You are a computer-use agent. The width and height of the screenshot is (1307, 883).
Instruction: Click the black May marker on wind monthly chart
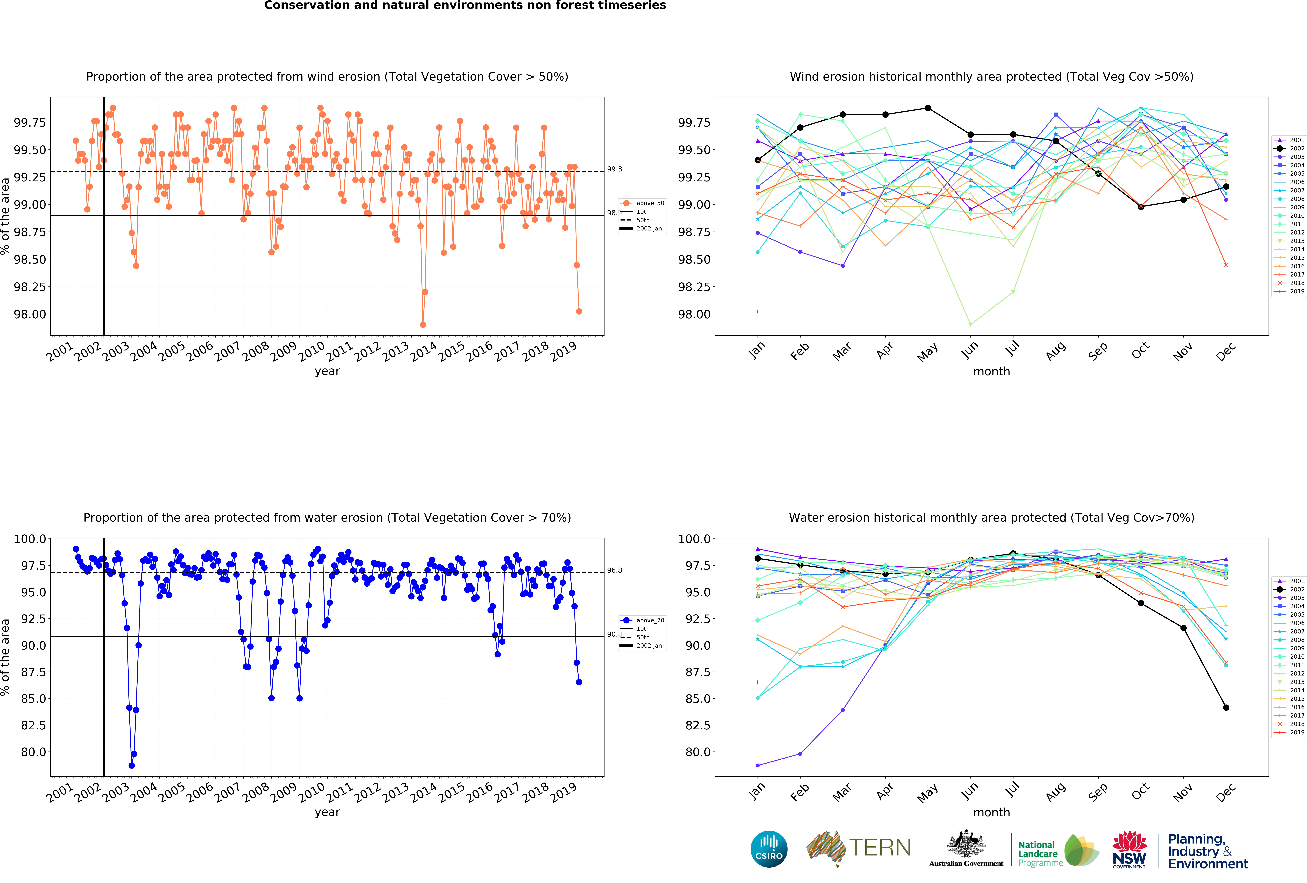point(928,108)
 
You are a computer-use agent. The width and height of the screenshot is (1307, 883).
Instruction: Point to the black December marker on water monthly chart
point(1226,708)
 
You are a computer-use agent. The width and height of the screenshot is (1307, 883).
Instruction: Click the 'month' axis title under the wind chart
point(991,371)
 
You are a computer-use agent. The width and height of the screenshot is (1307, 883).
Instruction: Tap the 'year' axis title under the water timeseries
point(327,812)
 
